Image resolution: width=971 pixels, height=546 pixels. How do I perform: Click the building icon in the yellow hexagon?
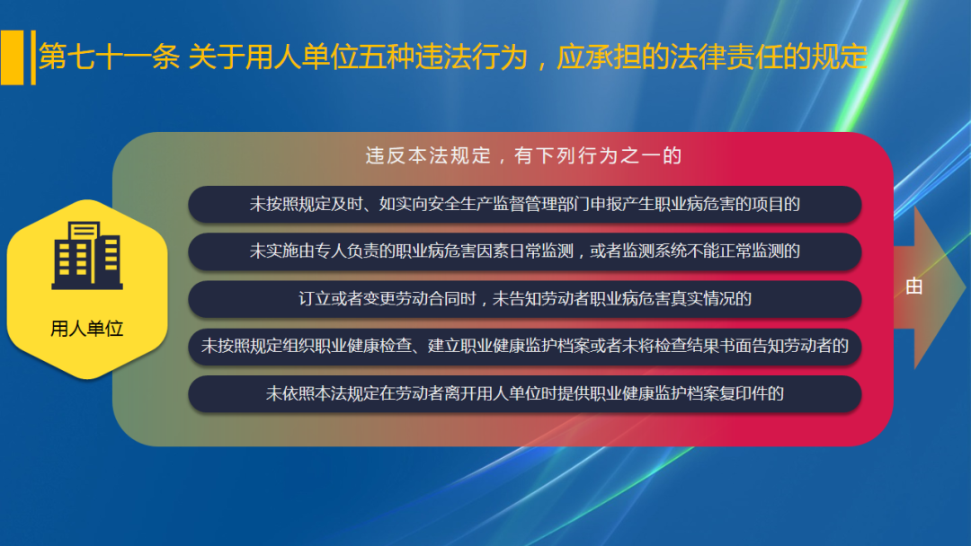click(87, 256)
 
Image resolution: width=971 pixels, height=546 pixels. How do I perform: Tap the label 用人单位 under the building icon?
click(87, 329)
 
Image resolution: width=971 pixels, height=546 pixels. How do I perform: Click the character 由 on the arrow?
click(914, 287)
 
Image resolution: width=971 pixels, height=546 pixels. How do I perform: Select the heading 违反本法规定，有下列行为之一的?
click(524, 155)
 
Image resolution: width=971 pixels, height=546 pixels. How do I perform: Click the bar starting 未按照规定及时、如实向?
click(524, 204)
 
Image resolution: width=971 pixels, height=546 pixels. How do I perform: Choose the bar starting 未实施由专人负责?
click(524, 251)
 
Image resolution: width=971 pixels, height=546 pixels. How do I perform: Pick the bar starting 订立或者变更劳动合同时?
click(524, 299)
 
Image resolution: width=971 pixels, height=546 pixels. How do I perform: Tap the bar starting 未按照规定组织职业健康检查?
click(524, 346)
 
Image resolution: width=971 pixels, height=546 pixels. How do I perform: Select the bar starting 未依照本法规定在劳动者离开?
click(524, 393)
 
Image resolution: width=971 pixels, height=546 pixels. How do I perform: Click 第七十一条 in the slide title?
click(109, 58)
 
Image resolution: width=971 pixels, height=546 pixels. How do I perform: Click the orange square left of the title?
click(12, 57)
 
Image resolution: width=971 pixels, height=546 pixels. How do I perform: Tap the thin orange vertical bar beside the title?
click(33, 57)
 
